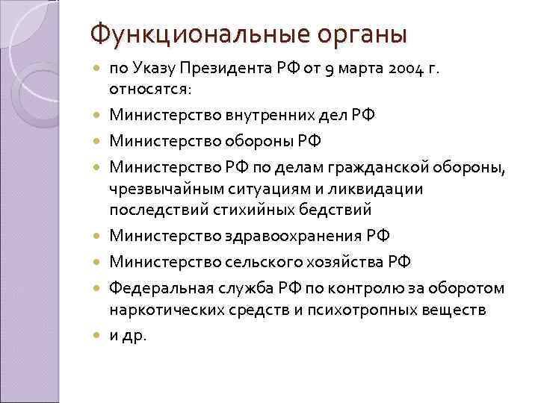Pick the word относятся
pyautogui.click(x=150, y=90)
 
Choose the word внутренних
pyautogui.click(x=253, y=115)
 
